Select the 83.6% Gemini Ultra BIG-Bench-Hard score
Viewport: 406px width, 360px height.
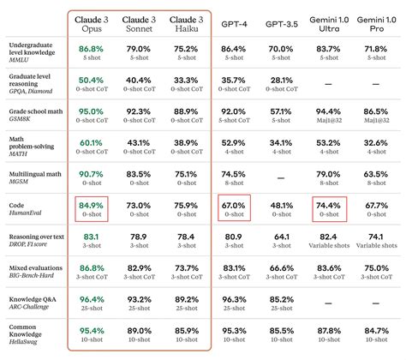[329, 268]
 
